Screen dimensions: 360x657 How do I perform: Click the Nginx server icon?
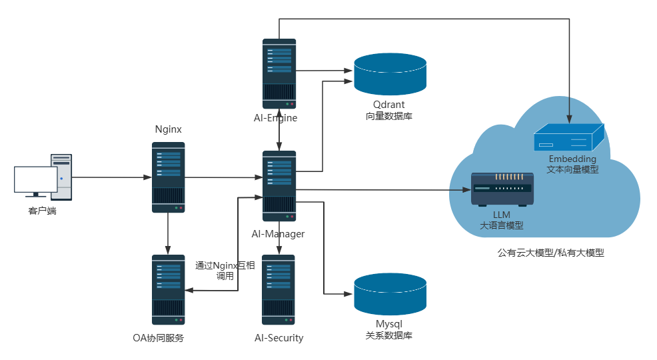[168, 177]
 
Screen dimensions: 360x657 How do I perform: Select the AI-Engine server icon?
[279, 73]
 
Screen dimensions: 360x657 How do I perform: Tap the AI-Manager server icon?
[279, 186]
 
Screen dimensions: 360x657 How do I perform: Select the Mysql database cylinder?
[390, 294]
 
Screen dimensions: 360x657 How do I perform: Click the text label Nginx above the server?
[168, 129]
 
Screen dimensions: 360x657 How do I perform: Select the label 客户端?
[43, 211]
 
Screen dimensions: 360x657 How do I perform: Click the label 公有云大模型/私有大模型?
[550, 253]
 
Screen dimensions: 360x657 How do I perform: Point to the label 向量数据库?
[389, 116]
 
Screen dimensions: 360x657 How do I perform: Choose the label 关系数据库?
[389, 335]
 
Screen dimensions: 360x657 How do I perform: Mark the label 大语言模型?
[501, 225]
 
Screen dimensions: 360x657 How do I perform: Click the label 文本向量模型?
[572, 169]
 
